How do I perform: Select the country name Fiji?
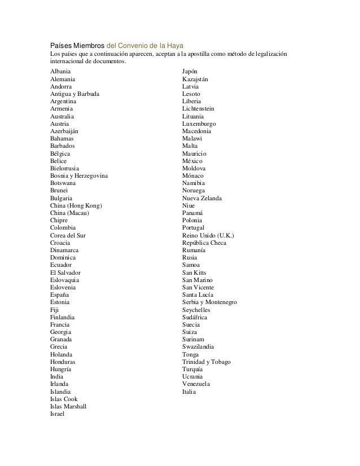(x=55, y=309)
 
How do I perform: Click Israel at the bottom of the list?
(x=58, y=414)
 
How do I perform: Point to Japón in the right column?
(x=190, y=72)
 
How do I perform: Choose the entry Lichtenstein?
(x=198, y=109)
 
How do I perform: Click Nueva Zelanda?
(x=202, y=198)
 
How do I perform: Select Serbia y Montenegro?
(x=209, y=302)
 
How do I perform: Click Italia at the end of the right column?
(x=189, y=391)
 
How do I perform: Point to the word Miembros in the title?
(x=87, y=45)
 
